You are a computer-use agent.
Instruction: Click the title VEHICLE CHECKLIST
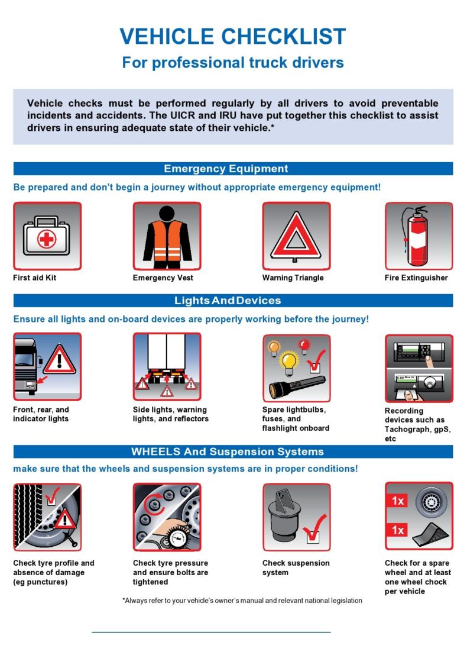[x=232, y=37]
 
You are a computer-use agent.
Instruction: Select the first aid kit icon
[x=47, y=236]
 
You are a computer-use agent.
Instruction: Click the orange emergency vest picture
[x=167, y=236]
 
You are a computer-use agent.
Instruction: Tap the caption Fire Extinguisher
[x=416, y=278]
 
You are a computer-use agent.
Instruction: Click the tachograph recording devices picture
[x=419, y=368]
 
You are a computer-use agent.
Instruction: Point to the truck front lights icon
[x=47, y=367]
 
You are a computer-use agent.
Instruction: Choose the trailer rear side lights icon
[x=167, y=367]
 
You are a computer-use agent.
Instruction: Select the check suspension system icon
[x=296, y=517]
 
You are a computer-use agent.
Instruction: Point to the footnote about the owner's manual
[x=242, y=601]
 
